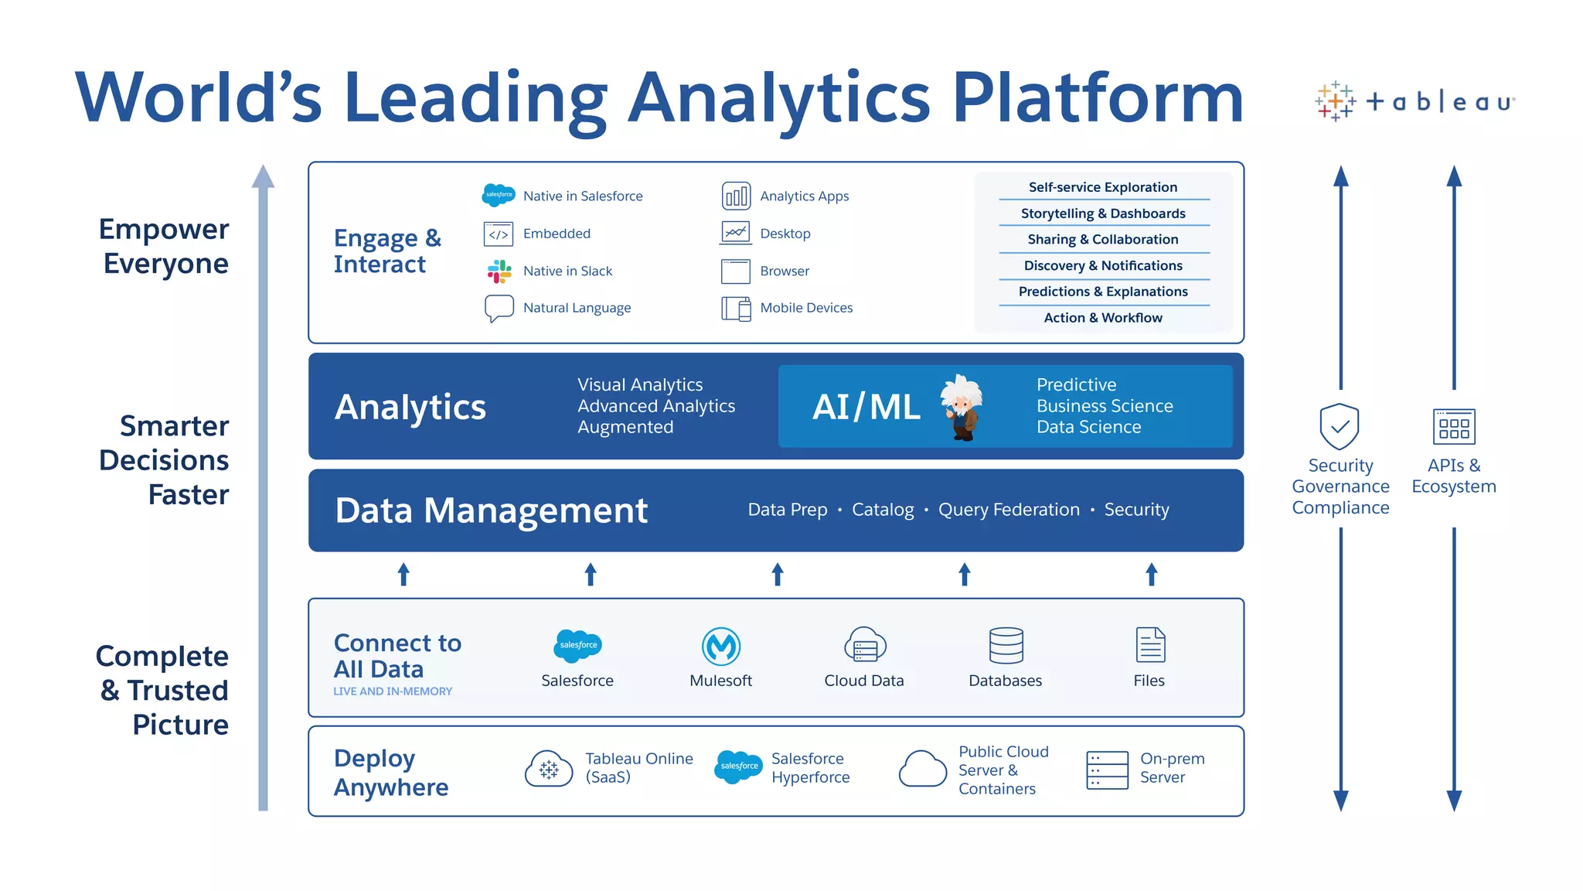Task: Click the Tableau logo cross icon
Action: [x=1335, y=101]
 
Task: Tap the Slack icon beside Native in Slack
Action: [x=499, y=271]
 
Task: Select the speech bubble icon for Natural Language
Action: [x=499, y=307]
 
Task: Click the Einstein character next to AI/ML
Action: [x=962, y=407]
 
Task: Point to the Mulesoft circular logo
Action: [x=721, y=646]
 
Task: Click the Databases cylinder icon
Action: [x=1006, y=645]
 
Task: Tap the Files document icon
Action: [x=1150, y=645]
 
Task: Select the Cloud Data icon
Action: [x=865, y=645]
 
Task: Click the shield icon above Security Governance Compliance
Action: [x=1340, y=425]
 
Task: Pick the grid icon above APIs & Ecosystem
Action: [x=1454, y=426]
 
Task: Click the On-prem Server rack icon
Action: [x=1107, y=770]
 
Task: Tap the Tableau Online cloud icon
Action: [x=549, y=768]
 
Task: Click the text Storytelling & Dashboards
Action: [x=1103, y=213]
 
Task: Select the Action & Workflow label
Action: [x=1103, y=318]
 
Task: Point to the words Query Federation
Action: [x=1009, y=510]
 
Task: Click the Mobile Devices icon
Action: [x=736, y=309]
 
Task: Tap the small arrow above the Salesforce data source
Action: [x=591, y=574]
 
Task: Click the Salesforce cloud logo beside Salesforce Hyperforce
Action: [x=739, y=766]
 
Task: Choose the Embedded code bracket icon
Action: [x=499, y=234]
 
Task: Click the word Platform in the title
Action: [x=1098, y=98]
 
